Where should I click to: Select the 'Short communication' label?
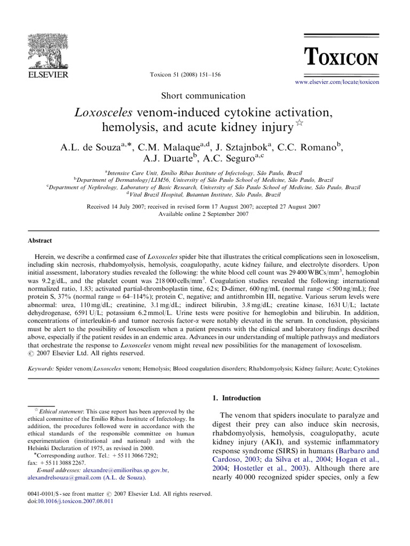click(x=203, y=96)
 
